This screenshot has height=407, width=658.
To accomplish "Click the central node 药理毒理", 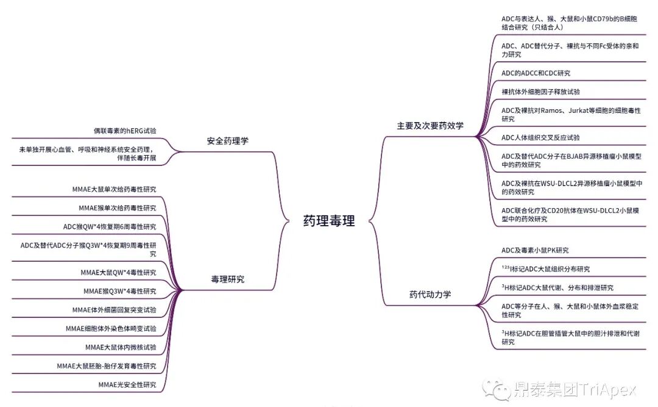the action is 329,221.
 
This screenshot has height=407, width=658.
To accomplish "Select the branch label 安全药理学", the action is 227,141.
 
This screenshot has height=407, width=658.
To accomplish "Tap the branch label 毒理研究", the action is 227,279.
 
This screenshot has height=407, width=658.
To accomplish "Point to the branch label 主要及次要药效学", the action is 430,126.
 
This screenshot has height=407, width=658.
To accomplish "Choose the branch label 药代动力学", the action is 430,294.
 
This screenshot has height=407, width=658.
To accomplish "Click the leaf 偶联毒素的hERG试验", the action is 124,131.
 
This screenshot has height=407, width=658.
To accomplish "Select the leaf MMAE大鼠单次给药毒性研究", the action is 114,189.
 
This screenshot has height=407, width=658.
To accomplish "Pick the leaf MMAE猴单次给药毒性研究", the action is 117,207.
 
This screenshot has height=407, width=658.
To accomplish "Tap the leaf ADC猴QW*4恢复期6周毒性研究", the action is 110,226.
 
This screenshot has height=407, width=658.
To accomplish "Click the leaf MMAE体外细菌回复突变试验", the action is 114,309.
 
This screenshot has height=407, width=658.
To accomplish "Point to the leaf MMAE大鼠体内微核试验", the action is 121,347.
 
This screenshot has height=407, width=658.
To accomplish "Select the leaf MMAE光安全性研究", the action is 127,384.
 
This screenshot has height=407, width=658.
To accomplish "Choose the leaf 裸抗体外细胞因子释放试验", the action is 540,92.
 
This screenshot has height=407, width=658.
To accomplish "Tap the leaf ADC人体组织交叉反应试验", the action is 540,137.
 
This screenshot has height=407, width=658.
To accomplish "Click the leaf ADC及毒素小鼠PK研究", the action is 535,250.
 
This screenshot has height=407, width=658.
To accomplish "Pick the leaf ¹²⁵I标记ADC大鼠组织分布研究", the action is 545,268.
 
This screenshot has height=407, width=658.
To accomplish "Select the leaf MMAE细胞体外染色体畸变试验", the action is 111,328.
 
